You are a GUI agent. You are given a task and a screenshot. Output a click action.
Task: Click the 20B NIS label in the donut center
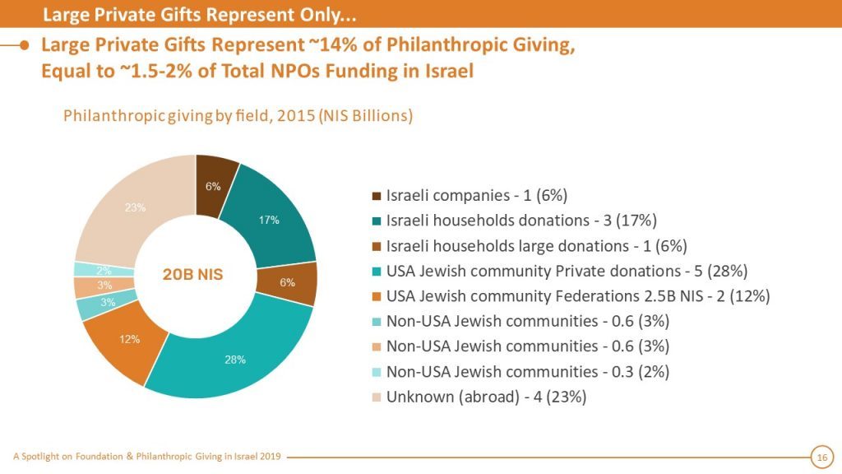point(192,275)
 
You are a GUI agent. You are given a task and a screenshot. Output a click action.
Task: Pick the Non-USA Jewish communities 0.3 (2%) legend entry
point(527,371)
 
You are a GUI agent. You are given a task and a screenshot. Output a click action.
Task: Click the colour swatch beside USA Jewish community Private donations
point(376,271)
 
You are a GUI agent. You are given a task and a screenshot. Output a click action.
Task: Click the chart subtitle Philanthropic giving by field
point(238,116)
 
